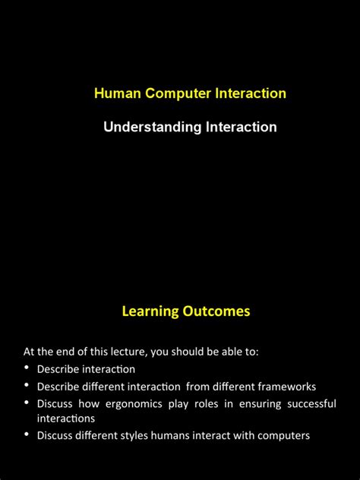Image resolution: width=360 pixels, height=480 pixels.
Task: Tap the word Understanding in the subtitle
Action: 142,127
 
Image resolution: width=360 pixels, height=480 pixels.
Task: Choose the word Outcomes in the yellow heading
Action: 216,311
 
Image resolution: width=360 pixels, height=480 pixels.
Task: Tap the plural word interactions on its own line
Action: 66,418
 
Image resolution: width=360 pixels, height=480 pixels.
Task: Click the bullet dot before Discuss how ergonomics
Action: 27,402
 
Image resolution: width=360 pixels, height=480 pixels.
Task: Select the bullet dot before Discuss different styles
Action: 27,434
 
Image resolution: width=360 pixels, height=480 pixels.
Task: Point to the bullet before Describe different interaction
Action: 27,385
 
